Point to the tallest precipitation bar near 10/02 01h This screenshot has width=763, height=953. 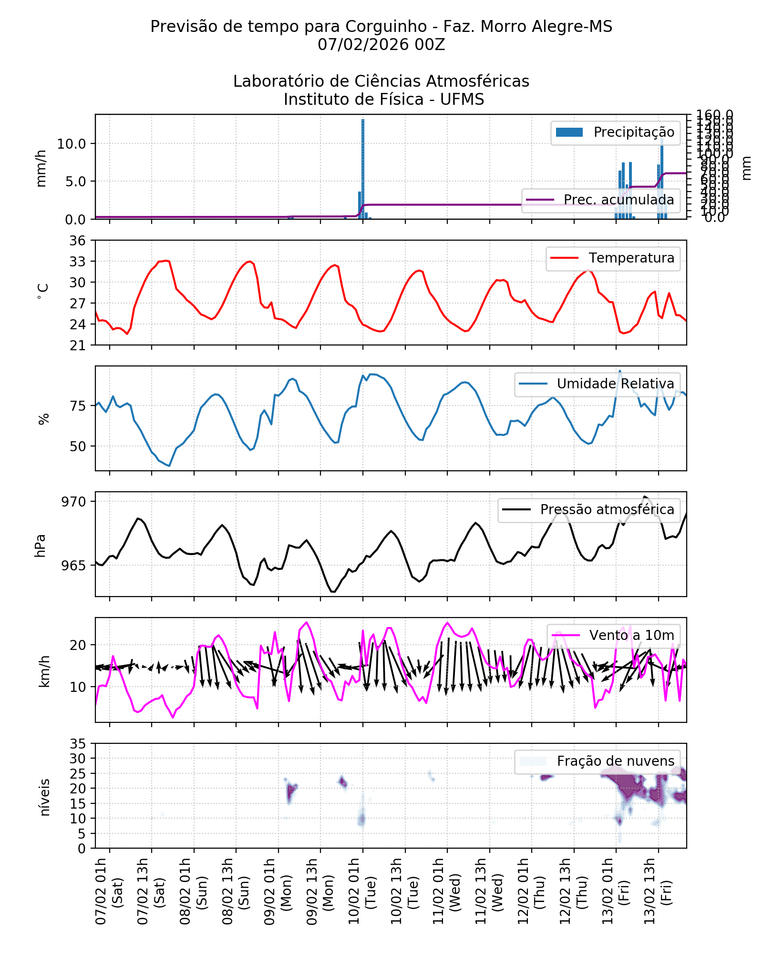[363, 167]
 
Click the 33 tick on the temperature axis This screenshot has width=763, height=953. [78, 262]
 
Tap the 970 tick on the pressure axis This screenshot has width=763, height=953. [73, 502]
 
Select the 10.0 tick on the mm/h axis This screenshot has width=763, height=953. [72, 144]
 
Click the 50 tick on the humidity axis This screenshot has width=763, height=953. [78, 447]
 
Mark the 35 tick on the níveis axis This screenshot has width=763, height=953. [78, 744]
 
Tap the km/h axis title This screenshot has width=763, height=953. [44, 671]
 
